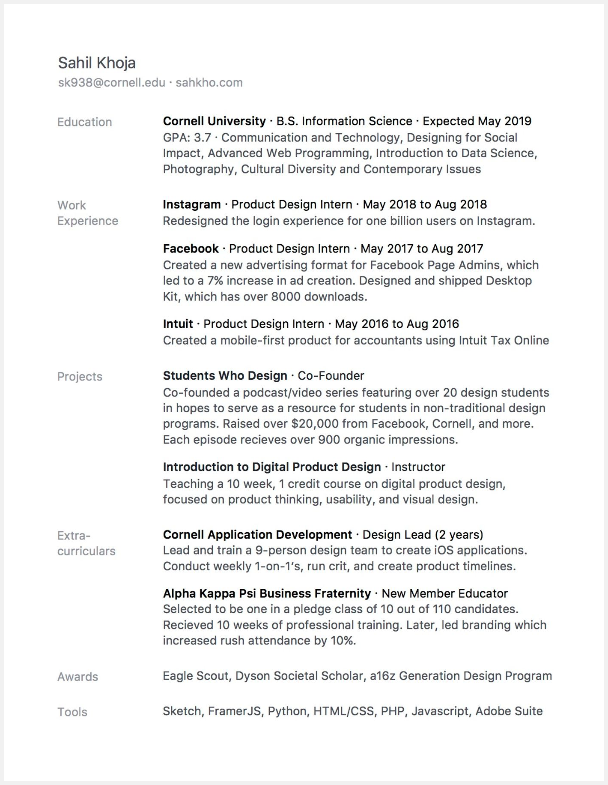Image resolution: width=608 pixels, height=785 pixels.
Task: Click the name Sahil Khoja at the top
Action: (x=97, y=63)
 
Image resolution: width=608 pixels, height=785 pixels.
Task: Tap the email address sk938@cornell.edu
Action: (x=112, y=83)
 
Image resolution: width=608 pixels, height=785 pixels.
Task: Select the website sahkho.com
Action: (x=209, y=83)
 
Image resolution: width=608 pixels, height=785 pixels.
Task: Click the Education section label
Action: (x=85, y=122)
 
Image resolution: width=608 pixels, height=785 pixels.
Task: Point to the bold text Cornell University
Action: (x=214, y=121)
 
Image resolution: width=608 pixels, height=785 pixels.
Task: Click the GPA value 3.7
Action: (x=202, y=138)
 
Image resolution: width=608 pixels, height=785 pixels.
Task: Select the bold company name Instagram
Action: (x=192, y=204)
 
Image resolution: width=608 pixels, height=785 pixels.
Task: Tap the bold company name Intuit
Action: (x=178, y=324)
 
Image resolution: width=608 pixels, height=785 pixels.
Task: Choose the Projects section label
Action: (x=80, y=377)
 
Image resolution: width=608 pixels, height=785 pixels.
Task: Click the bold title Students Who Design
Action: (x=225, y=376)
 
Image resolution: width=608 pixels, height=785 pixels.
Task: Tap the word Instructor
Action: (x=418, y=467)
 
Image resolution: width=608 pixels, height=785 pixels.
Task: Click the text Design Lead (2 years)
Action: (x=423, y=535)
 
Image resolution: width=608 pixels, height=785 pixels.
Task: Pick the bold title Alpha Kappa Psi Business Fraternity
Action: (x=267, y=593)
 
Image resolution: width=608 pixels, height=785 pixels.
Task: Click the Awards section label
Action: (x=78, y=677)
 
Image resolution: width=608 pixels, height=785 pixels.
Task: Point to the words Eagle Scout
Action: (x=195, y=676)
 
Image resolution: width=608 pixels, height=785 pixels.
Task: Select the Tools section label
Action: (x=72, y=712)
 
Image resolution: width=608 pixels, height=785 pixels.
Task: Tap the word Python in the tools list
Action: (x=287, y=711)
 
